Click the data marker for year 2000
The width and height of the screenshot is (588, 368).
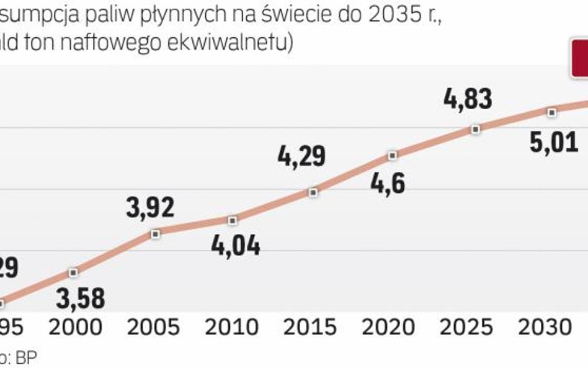(74, 272)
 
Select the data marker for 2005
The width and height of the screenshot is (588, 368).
(156, 233)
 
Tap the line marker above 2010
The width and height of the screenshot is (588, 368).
(233, 220)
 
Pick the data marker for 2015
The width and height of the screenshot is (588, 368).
(313, 192)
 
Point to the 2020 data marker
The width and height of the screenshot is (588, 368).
(392, 155)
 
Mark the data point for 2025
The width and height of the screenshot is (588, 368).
(475, 129)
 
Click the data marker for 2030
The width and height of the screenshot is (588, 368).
(551, 112)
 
